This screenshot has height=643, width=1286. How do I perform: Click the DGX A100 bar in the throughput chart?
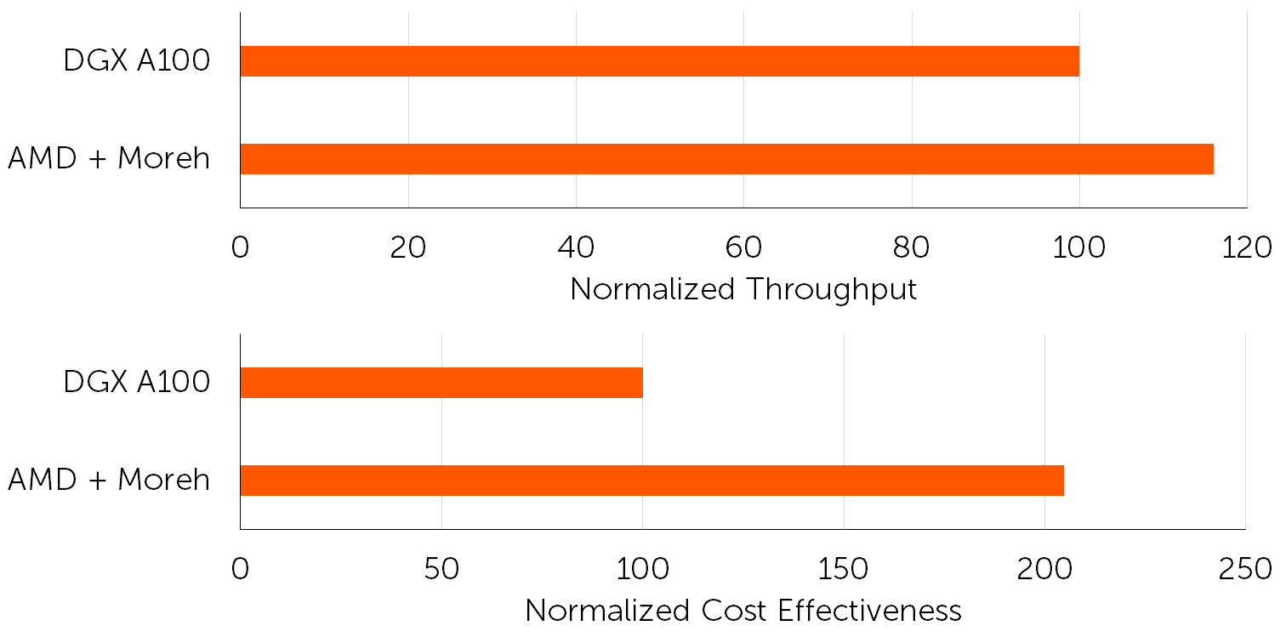(x=659, y=61)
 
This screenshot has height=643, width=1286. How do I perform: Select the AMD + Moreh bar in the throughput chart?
(x=726, y=159)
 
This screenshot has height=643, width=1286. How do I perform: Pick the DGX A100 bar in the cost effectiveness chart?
(x=441, y=383)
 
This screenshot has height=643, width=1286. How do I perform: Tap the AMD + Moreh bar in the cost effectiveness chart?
(x=652, y=481)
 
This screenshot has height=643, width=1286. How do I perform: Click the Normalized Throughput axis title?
(x=743, y=289)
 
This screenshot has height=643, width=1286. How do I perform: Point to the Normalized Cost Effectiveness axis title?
(x=743, y=611)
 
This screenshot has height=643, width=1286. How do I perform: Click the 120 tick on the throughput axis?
(x=1247, y=248)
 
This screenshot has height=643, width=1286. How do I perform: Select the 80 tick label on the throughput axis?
(x=912, y=248)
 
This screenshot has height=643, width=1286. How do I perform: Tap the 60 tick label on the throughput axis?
(x=743, y=248)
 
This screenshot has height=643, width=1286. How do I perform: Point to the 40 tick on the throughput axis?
(x=576, y=248)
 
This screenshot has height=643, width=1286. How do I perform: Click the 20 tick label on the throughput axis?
(x=408, y=248)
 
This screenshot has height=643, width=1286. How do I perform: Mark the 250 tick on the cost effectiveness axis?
(x=1245, y=569)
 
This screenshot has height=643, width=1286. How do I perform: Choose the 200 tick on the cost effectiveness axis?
(x=1044, y=569)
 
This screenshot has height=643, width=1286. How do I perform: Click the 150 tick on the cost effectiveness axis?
(x=844, y=569)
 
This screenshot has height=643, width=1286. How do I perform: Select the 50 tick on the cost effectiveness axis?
(x=441, y=569)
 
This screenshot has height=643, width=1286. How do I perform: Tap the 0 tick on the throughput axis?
(x=241, y=248)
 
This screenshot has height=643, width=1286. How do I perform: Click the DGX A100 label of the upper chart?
(x=136, y=61)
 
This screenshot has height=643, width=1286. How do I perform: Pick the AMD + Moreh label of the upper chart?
(x=109, y=159)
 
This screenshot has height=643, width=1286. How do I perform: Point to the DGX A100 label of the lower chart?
(x=136, y=383)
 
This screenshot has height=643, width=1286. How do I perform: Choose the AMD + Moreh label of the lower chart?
(x=109, y=481)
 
